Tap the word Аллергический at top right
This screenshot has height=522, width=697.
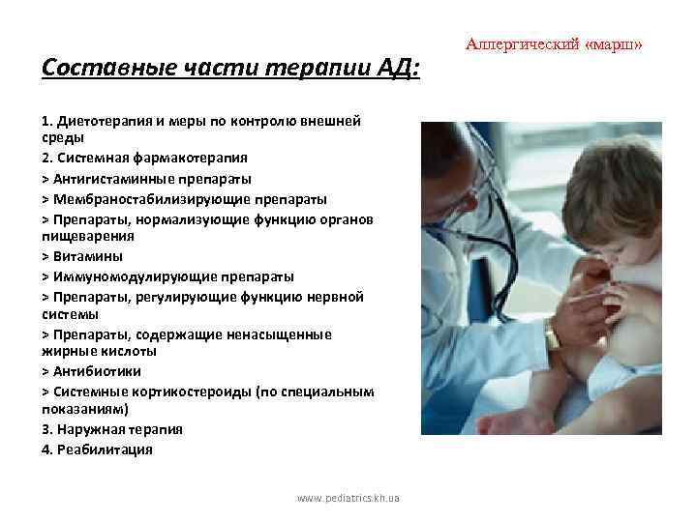click(522, 44)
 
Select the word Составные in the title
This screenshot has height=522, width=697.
click(91, 70)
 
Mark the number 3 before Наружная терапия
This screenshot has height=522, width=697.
click(45, 429)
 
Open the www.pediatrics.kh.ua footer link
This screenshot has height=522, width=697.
click(349, 499)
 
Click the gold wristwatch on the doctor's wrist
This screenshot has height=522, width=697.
click(552, 335)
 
